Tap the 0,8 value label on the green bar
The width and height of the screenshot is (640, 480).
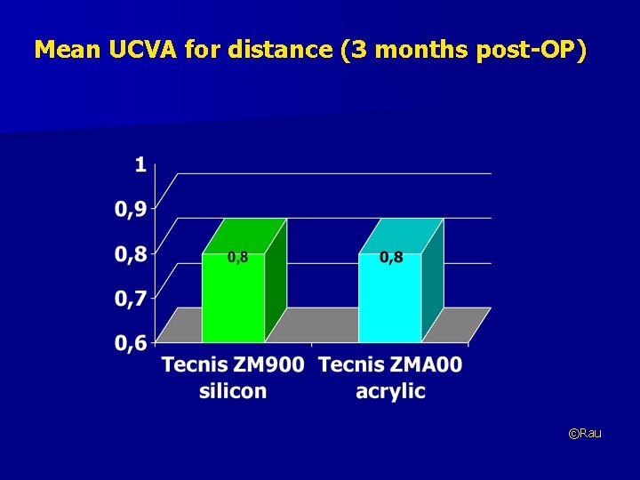[238, 258]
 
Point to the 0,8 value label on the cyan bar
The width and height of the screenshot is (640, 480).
[391, 258]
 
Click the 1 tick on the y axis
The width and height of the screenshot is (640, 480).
[140, 164]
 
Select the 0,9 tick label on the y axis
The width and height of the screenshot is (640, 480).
[132, 210]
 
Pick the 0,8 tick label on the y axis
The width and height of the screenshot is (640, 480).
[132, 254]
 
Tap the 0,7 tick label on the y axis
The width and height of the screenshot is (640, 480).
[132, 300]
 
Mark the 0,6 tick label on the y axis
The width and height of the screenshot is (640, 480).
[132, 345]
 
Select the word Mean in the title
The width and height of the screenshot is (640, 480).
[60, 50]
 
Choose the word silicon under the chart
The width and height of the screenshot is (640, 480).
[233, 391]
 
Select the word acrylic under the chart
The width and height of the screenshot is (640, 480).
[390, 391]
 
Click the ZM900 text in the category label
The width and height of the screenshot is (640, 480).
[268, 365]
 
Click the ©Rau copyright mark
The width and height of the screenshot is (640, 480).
[585, 433]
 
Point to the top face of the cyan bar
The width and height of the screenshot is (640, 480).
[401, 236]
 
